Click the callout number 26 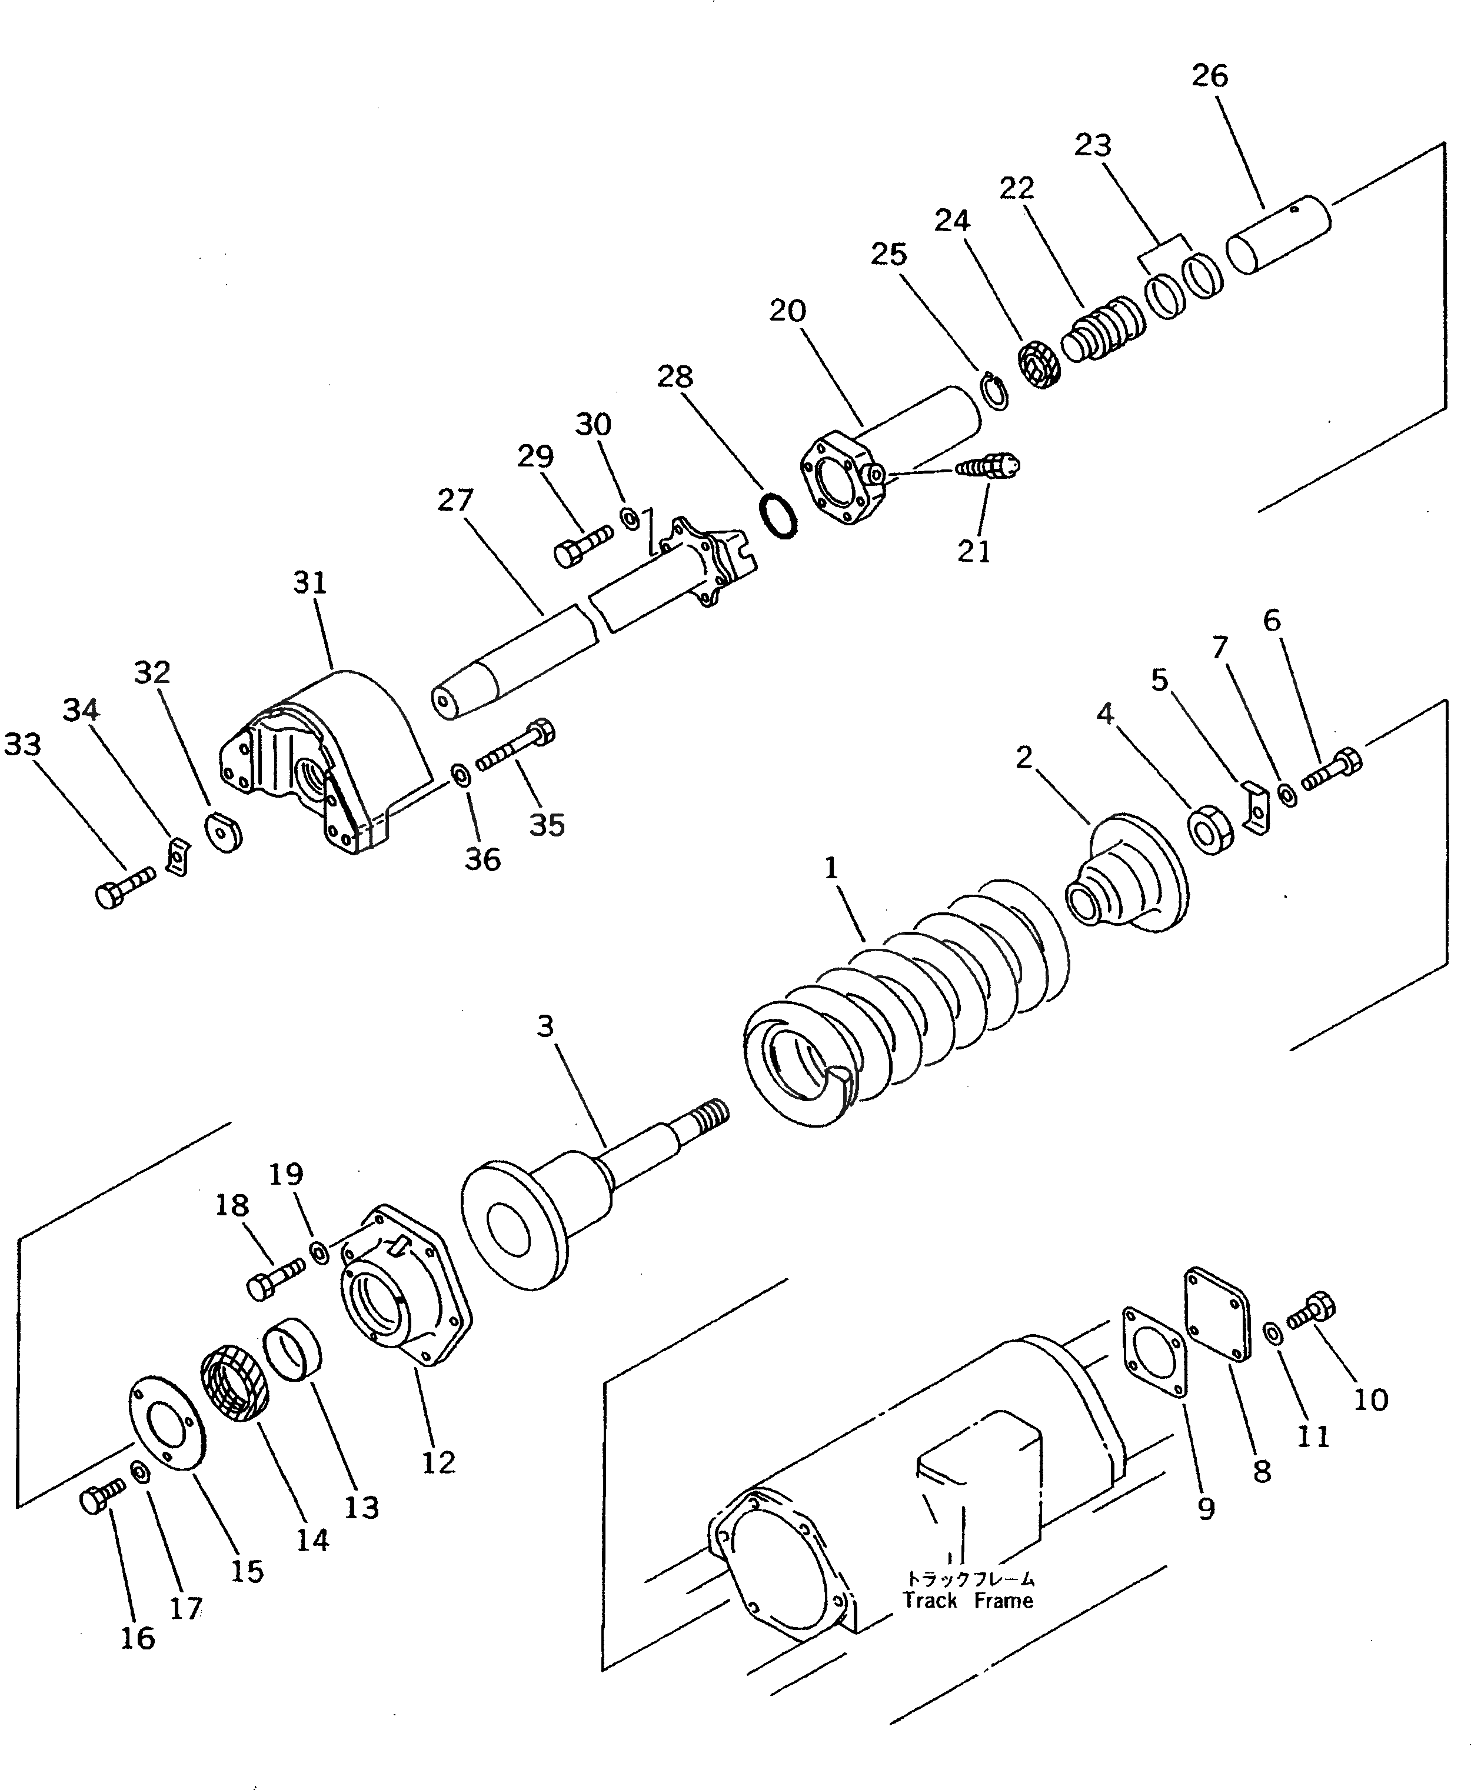coord(1209,76)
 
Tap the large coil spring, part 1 coord(907,1008)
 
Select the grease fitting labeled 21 coord(987,467)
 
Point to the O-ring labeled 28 coord(778,516)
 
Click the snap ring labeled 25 coord(996,392)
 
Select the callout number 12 coord(438,1462)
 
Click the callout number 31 coord(309,583)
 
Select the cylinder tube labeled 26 coord(1278,234)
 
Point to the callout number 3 coord(545,1026)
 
